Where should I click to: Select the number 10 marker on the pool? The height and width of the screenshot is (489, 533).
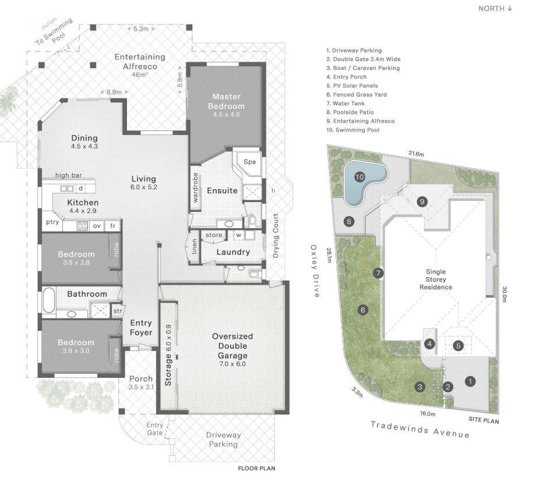point(359,177)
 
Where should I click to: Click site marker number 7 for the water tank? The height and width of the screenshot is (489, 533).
point(378,273)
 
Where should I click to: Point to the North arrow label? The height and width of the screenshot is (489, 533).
point(495,9)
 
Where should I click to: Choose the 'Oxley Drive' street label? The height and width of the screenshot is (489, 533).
point(315,271)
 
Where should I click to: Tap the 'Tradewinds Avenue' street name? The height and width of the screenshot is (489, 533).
point(420,430)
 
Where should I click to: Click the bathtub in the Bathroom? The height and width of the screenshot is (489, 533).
point(49,300)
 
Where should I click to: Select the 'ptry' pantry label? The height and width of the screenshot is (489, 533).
point(52,222)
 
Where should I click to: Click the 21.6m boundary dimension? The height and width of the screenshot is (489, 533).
point(416,154)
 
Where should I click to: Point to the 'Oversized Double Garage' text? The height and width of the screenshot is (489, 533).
point(232,346)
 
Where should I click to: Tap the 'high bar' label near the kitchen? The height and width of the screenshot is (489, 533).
point(68,175)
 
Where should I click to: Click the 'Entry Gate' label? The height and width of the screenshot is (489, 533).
point(155,429)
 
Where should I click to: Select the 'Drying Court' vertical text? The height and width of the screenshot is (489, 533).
point(276,236)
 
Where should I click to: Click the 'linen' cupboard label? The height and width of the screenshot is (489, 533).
point(195,247)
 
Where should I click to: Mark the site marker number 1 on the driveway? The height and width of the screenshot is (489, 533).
point(470,381)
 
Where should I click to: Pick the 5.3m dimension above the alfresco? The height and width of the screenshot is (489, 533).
point(141,29)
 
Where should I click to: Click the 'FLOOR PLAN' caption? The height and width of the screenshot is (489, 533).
point(257,468)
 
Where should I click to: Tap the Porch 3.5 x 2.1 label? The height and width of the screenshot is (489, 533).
point(141,382)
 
